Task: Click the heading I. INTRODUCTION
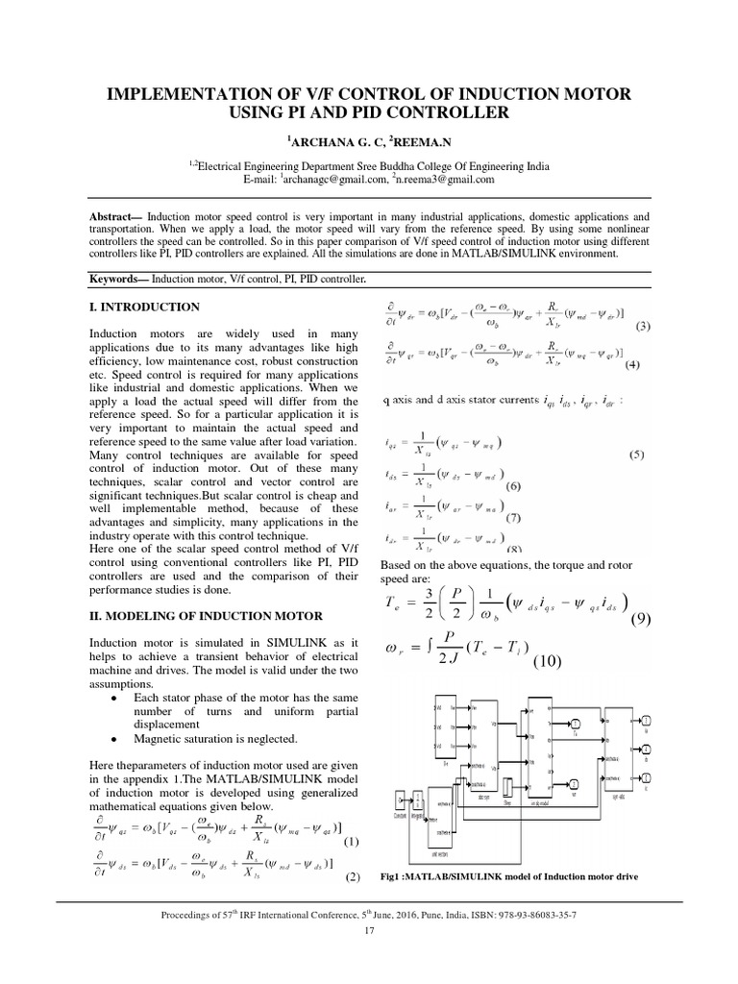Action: click(x=144, y=307)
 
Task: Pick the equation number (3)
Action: click(x=643, y=326)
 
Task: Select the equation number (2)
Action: click(x=352, y=877)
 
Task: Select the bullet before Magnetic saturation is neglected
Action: click(x=114, y=739)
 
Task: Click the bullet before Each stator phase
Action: click(x=114, y=696)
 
